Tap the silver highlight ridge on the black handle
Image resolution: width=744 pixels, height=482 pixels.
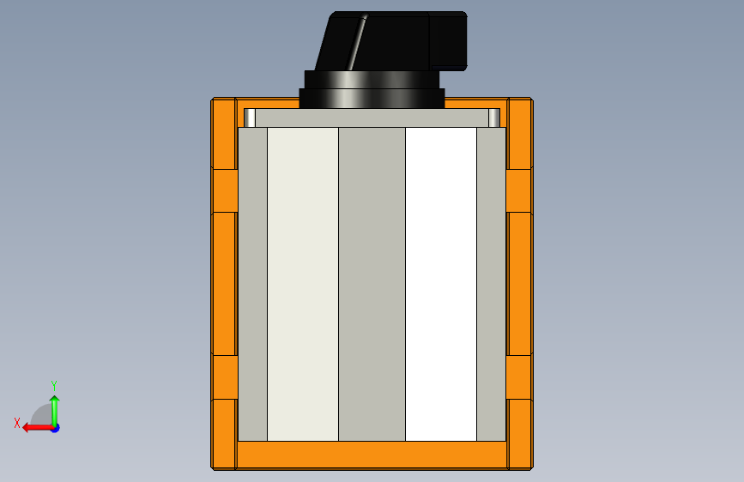click(358, 42)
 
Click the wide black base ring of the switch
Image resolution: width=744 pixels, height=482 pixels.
click(372, 99)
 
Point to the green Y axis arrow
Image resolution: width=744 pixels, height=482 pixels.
click(55, 412)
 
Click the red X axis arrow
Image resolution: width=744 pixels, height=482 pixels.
click(39, 428)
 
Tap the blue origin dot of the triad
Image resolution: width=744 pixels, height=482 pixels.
click(56, 428)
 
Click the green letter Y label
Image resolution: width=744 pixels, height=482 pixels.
click(54, 385)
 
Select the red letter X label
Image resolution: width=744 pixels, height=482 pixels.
click(17, 423)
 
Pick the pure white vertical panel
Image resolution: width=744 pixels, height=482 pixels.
click(441, 284)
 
